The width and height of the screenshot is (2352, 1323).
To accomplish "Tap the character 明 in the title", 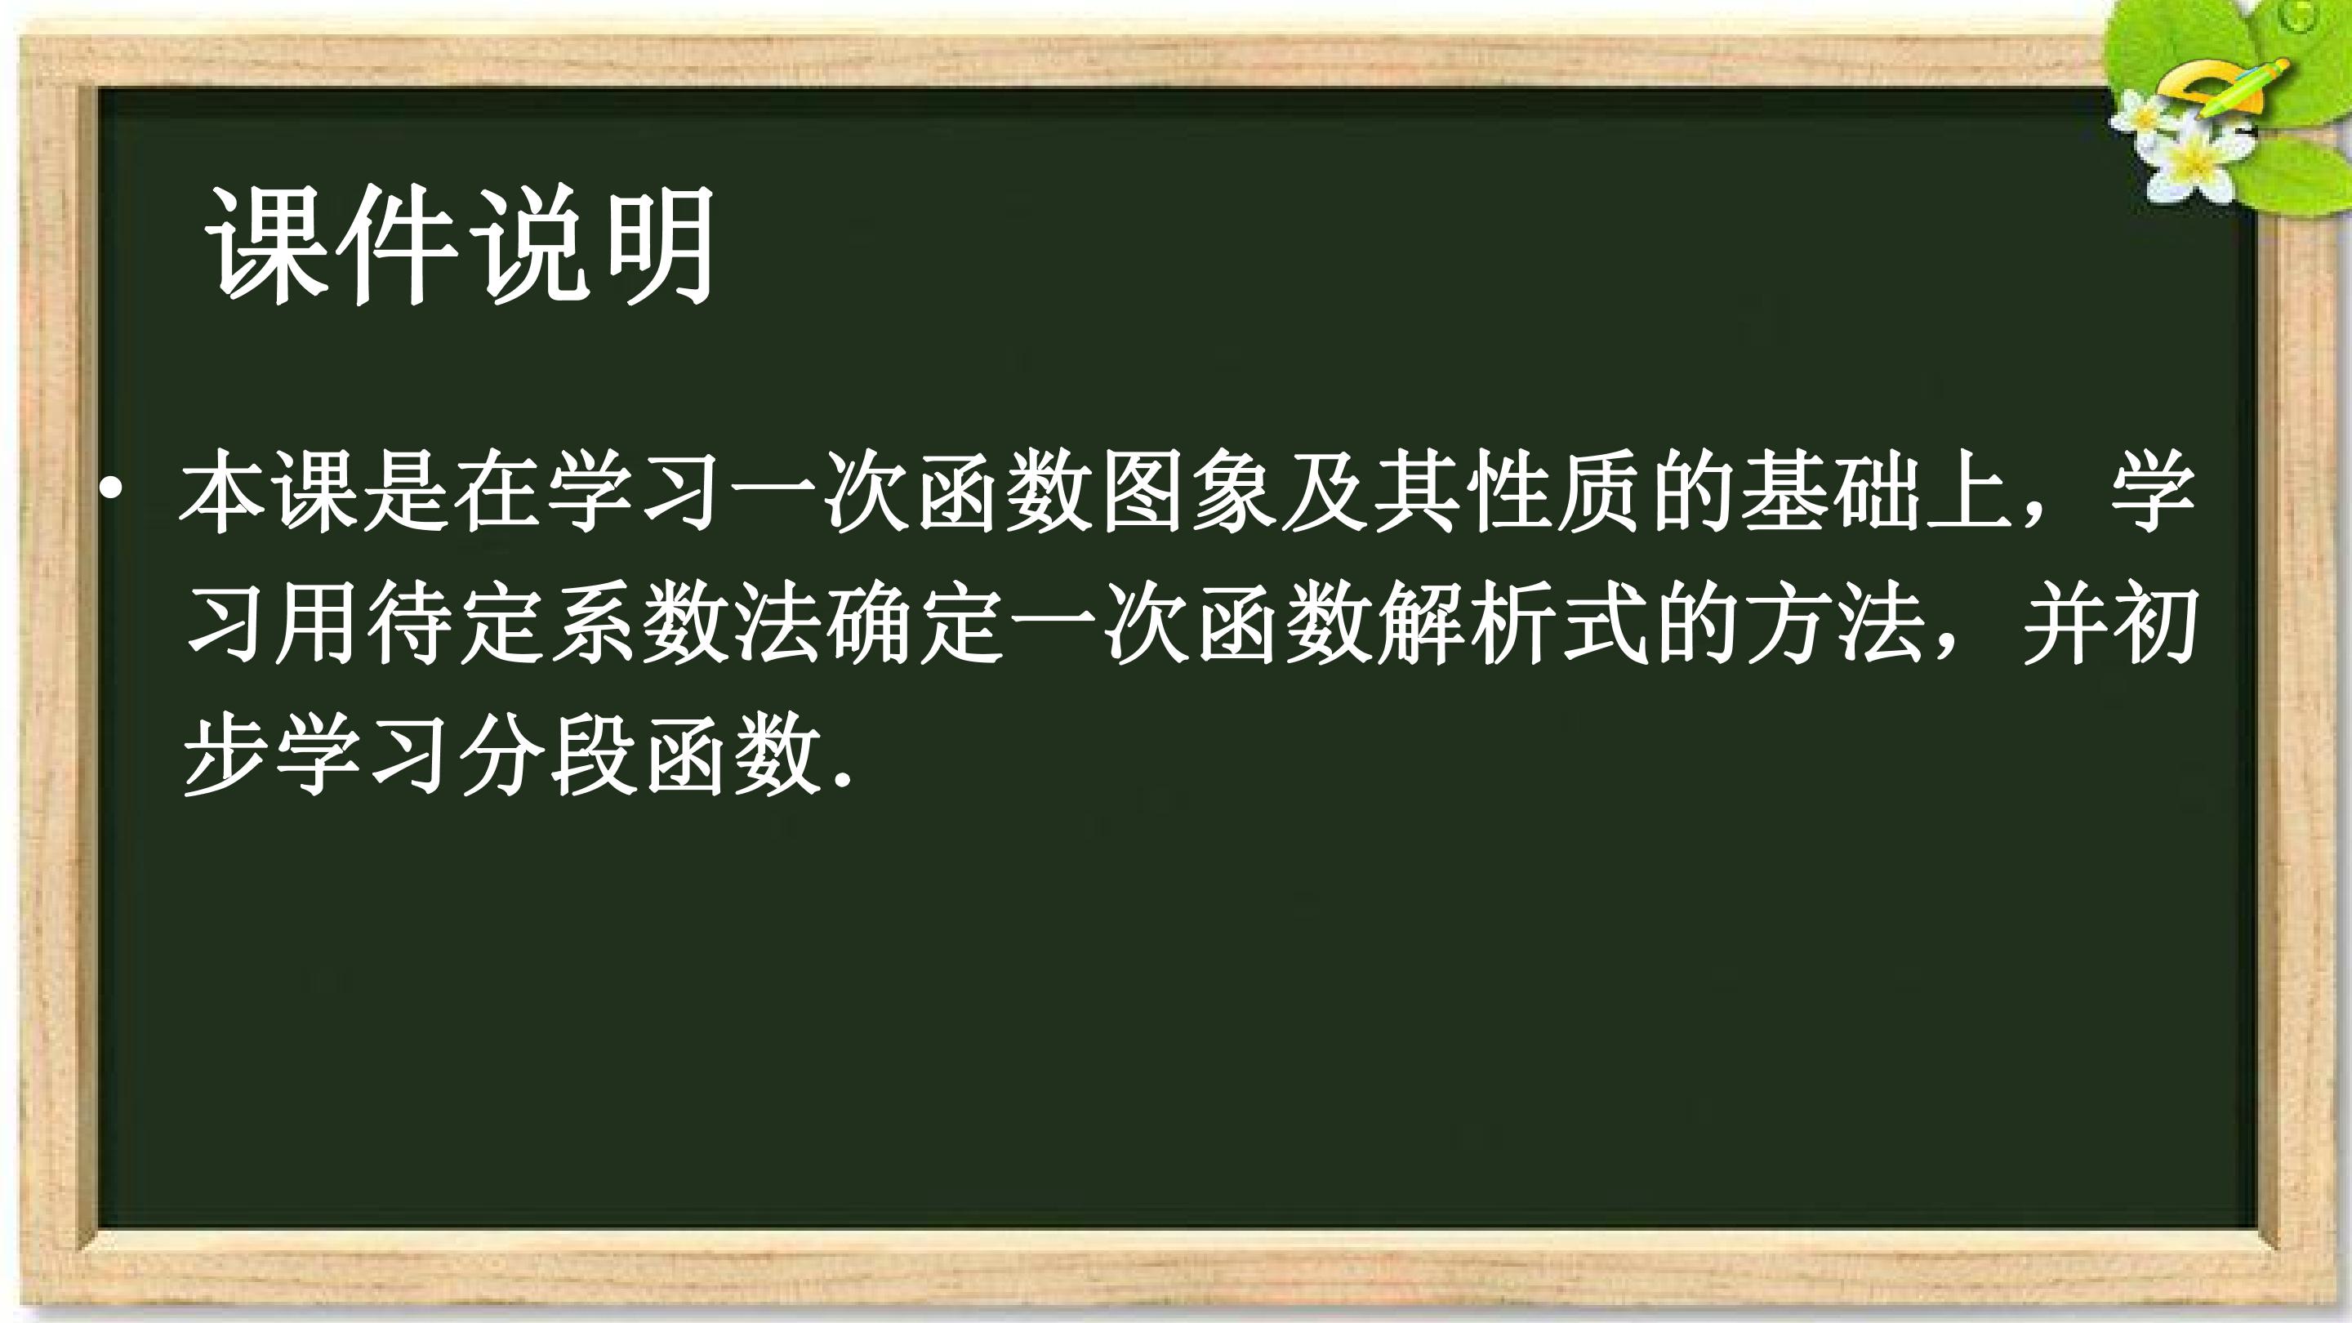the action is click(657, 244).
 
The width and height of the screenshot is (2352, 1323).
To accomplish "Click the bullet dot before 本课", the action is click(110, 490).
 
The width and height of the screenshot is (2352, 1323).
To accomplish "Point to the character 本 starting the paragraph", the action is click(225, 490).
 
